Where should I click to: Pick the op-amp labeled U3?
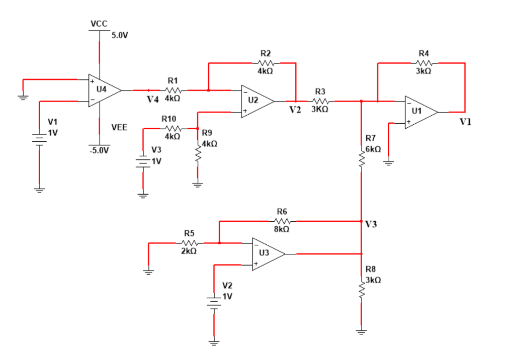[x=267, y=254]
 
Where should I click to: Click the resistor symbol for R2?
[x=266, y=63]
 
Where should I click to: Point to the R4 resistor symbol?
[x=424, y=63]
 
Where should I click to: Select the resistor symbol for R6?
[x=283, y=221]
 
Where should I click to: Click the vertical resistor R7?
[x=361, y=158]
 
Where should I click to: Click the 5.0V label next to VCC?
[x=120, y=36]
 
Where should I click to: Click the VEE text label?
[x=119, y=128]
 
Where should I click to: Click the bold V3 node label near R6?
[x=371, y=224]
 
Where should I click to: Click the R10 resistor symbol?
[x=171, y=129]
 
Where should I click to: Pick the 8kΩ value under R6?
[x=282, y=229]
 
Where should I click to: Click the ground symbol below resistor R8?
[x=361, y=331]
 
